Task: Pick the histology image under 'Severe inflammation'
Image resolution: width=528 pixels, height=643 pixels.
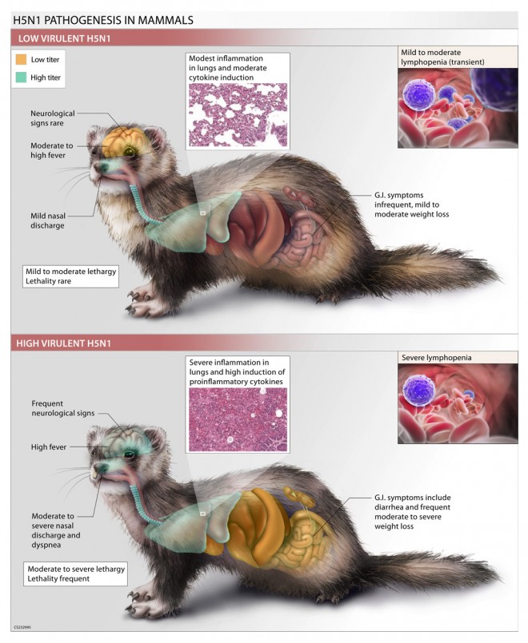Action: pyautogui.click(x=237, y=419)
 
